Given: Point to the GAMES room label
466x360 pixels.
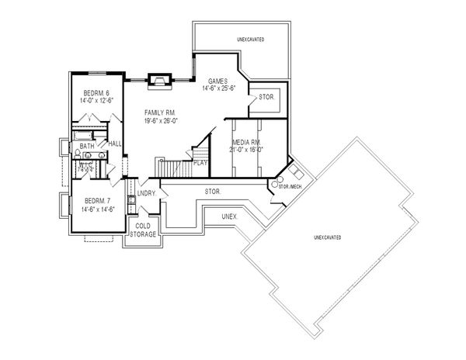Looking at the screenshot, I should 218,81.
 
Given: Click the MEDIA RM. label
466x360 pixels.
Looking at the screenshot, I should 247,143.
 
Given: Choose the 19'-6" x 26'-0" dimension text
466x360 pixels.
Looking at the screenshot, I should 161,121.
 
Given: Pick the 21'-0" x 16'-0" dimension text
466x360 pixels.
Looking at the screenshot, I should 248,151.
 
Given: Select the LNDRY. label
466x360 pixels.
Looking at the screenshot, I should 148,192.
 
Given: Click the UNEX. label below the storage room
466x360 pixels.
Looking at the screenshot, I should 229,216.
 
